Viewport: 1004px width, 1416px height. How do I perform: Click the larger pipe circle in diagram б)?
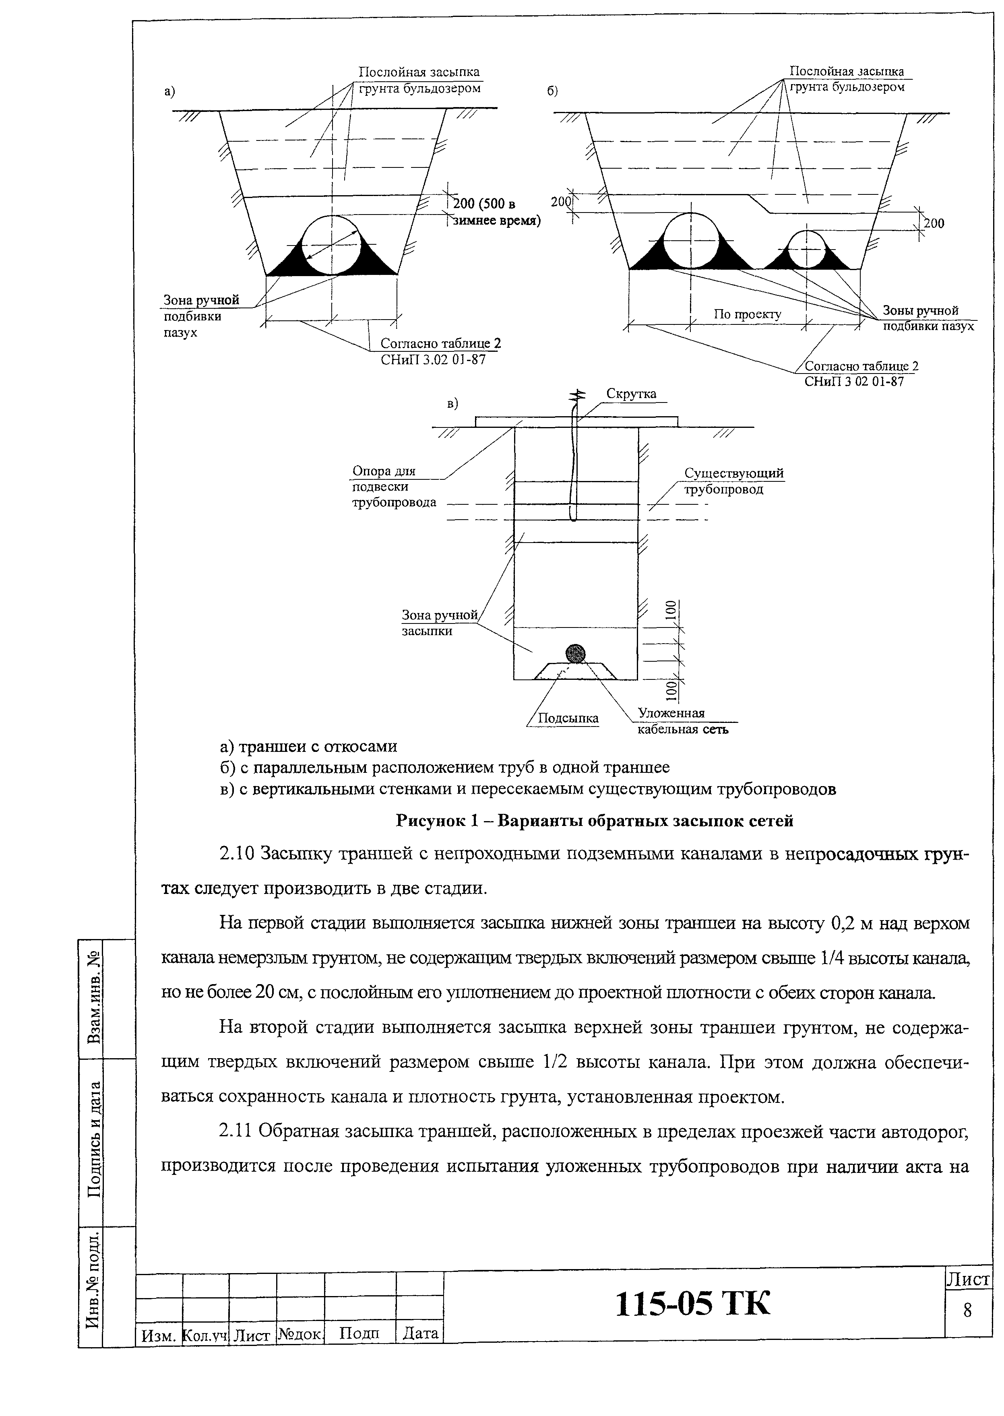[691, 240]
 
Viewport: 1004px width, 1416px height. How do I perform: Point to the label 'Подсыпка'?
[568, 718]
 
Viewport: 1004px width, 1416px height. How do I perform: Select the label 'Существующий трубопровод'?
[733, 481]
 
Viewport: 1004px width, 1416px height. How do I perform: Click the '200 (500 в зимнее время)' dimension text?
[495, 212]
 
